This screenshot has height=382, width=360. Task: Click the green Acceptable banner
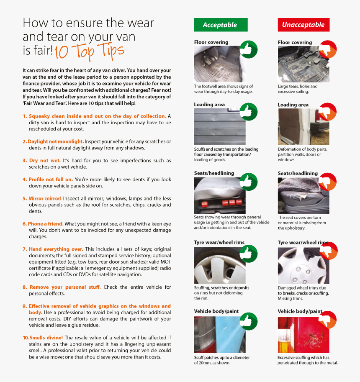(x=221, y=25)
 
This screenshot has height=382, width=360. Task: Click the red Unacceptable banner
(x=303, y=25)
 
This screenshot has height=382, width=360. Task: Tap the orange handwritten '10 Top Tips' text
(x=89, y=51)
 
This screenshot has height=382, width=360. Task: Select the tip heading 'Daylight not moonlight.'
(x=56, y=141)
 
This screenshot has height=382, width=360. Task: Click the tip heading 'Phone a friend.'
(x=46, y=224)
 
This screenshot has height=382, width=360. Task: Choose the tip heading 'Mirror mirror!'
(x=45, y=198)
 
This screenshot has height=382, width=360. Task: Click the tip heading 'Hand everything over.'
(x=56, y=249)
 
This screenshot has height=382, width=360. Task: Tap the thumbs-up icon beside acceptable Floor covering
(x=248, y=49)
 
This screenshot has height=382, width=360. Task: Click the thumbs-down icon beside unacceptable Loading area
(x=328, y=112)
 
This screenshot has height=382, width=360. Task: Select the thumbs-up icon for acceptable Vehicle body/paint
(x=248, y=321)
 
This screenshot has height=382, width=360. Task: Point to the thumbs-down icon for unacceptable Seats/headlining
(x=328, y=182)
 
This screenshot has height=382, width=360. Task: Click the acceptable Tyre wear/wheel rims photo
(x=220, y=266)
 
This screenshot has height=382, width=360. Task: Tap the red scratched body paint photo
(x=303, y=335)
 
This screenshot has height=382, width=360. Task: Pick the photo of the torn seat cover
(x=303, y=196)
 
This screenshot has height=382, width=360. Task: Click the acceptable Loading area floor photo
(x=220, y=126)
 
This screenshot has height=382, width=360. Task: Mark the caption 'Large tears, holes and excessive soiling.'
(x=298, y=89)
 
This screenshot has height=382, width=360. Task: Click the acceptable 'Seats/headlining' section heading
(x=214, y=173)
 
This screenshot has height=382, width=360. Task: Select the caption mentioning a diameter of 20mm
(x=222, y=360)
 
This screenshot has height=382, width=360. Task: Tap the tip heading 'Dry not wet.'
(x=45, y=161)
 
